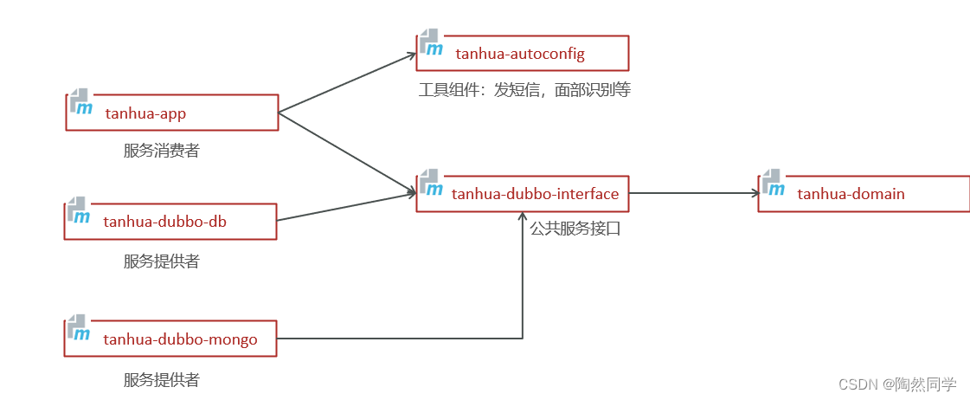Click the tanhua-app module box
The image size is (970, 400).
pyautogui.click(x=172, y=113)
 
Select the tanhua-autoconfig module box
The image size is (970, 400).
pyautogui.click(x=522, y=54)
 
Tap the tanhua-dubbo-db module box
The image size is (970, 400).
pyautogui.click(x=170, y=222)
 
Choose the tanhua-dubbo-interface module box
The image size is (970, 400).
pyautogui.click(x=522, y=194)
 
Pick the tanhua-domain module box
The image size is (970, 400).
pyautogui.click(x=864, y=194)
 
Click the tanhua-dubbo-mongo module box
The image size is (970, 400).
pyautogui.click(x=170, y=339)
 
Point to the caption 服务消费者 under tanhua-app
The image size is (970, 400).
pyautogui.click(x=162, y=151)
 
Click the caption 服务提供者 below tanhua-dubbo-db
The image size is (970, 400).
pyautogui.click(x=162, y=261)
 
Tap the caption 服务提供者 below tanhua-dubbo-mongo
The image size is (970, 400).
pyautogui.click(x=162, y=379)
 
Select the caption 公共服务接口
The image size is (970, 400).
pyautogui.click(x=575, y=229)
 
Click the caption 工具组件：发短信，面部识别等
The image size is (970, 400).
pyautogui.click(x=524, y=90)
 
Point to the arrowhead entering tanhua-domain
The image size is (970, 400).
pyautogui.click(x=753, y=194)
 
